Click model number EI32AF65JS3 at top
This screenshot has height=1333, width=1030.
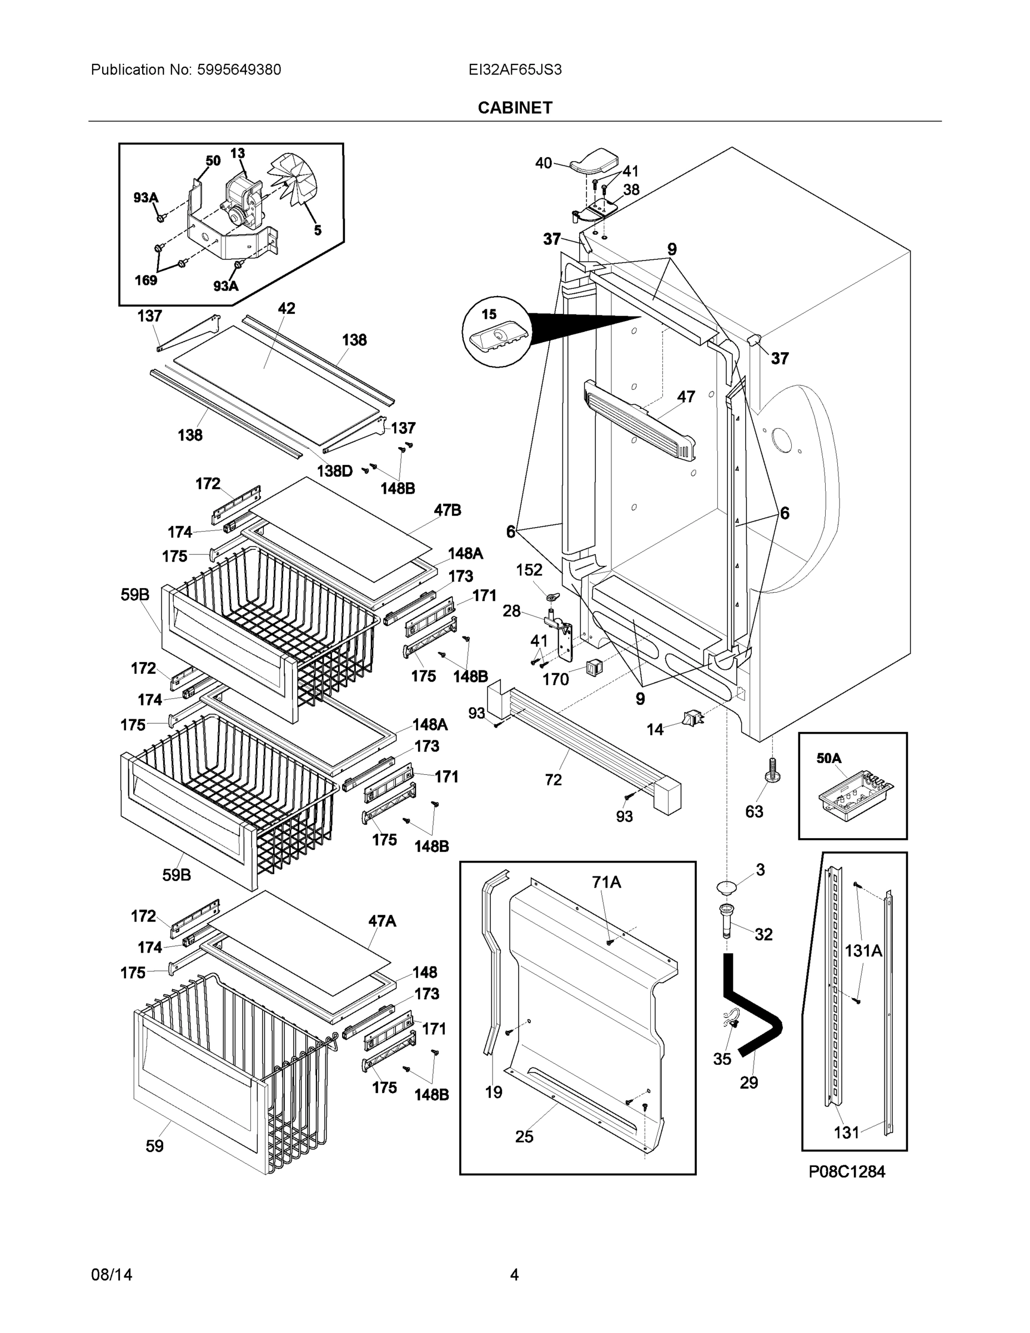point(514,69)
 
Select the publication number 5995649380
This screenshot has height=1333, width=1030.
point(239,69)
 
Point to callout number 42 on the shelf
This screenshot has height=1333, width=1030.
point(286,308)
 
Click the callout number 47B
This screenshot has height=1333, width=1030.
point(448,510)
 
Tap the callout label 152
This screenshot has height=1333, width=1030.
point(529,569)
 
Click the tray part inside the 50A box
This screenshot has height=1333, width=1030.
point(855,795)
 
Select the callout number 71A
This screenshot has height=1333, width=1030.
point(606,882)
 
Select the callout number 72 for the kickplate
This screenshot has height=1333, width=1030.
point(553,779)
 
